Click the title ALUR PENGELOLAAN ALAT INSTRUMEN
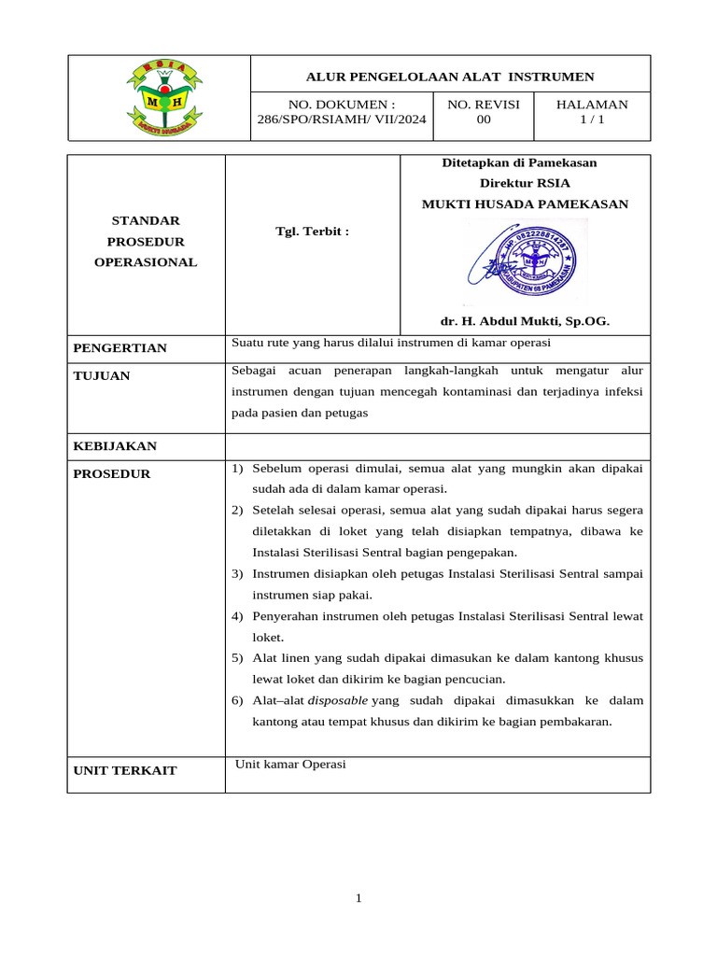click(x=451, y=77)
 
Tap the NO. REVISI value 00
click(x=484, y=119)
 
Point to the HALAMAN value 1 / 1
click(x=592, y=119)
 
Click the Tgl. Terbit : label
click(x=312, y=231)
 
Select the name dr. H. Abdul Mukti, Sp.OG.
click(x=525, y=321)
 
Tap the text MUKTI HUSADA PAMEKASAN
click(x=525, y=204)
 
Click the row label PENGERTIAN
click(x=119, y=348)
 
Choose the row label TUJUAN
click(x=102, y=376)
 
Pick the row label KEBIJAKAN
click(x=115, y=446)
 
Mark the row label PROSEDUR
click(x=111, y=474)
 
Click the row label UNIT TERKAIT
click(x=125, y=771)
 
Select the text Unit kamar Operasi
click(x=290, y=765)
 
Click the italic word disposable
click(x=337, y=700)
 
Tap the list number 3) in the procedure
click(x=237, y=573)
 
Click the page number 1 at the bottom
click(x=358, y=898)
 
